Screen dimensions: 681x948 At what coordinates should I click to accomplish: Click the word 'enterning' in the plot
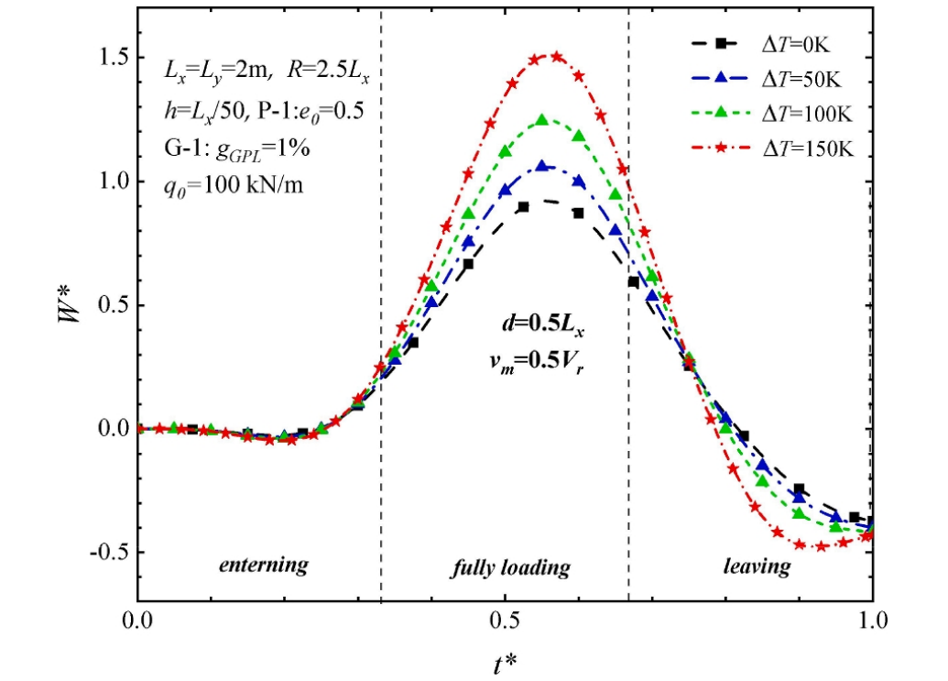(x=263, y=565)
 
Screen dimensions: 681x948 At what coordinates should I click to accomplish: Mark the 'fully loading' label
(x=510, y=568)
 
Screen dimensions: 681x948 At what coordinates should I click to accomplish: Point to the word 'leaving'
(x=757, y=566)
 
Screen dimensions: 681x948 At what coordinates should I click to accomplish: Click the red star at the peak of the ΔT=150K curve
(x=555, y=57)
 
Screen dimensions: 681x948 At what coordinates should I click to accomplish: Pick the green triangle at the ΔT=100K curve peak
(x=542, y=120)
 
